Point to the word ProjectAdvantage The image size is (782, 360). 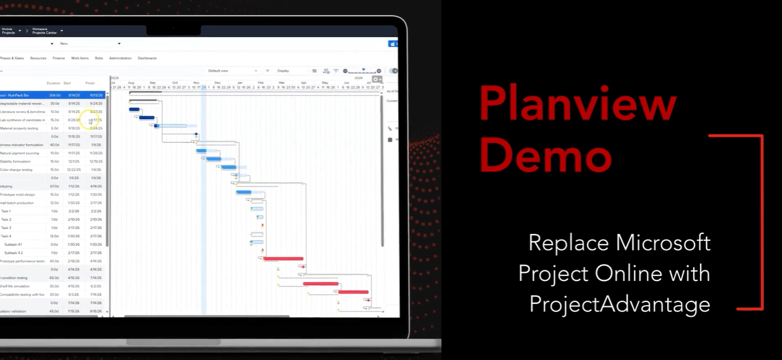(x=620, y=304)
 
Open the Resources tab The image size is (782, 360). (x=38, y=58)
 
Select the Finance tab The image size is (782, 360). (x=59, y=58)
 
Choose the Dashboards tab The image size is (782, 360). (x=147, y=58)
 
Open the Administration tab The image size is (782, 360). (x=120, y=58)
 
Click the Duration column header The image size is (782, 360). (x=54, y=83)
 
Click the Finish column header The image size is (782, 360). (x=90, y=83)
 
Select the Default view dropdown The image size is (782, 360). (x=232, y=71)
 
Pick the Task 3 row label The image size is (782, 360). (x=6, y=228)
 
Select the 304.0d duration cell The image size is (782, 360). (x=55, y=95)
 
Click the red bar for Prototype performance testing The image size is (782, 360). (x=283, y=259)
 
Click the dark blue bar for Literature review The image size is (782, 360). (x=134, y=109)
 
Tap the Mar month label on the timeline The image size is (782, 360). (x=281, y=83)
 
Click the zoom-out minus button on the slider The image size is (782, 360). (x=345, y=71)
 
